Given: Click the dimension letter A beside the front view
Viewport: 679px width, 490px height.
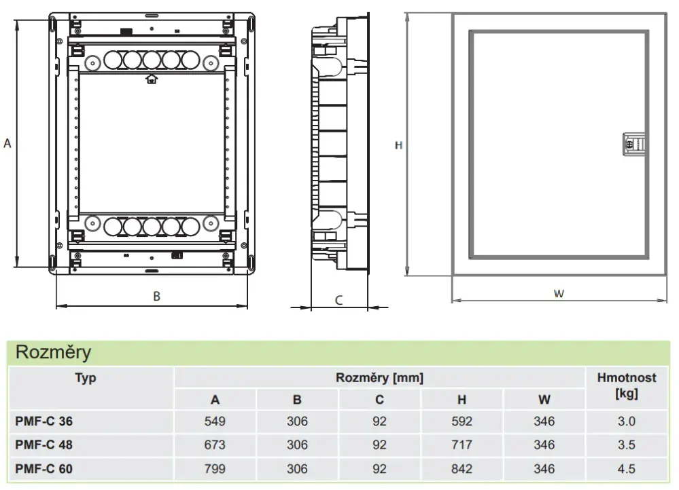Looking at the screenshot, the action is click(7, 143).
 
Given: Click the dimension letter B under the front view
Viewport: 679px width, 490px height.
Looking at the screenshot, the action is click(157, 297).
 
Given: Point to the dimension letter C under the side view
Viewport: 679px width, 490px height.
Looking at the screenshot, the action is click(338, 300).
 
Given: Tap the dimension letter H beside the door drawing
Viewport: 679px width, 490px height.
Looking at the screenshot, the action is click(398, 145).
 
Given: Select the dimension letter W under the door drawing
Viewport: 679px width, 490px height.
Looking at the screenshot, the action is click(559, 294).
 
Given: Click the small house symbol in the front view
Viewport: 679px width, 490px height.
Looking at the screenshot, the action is click(151, 79).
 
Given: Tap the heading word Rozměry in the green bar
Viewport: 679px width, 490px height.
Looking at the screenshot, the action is click(53, 352).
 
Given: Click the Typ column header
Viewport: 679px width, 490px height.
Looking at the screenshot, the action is click(86, 378).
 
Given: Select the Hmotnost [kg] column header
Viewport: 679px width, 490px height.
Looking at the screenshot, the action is click(627, 385).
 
